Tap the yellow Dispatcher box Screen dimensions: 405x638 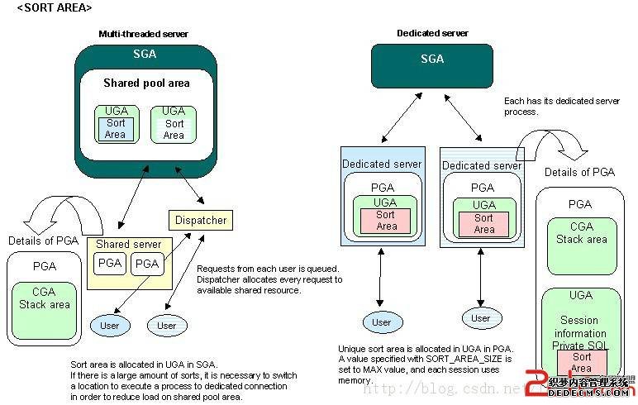click(x=200, y=220)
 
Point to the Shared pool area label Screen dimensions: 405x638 click(x=146, y=83)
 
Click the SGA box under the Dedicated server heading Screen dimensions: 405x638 click(x=432, y=60)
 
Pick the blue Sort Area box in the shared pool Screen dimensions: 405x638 click(x=116, y=129)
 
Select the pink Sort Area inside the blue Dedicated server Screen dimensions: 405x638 click(x=386, y=221)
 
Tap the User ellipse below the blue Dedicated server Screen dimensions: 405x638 click(x=382, y=322)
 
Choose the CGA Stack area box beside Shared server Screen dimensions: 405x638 click(x=45, y=298)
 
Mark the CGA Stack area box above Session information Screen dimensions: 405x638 click(x=581, y=234)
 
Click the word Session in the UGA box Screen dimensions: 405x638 click(x=579, y=321)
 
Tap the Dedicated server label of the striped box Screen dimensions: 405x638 click(x=482, y=166)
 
